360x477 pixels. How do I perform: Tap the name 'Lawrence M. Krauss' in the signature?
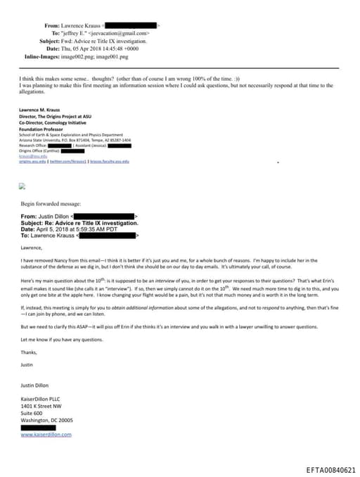click(x=39, y=110)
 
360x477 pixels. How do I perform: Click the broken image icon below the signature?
click(x=22, y=186)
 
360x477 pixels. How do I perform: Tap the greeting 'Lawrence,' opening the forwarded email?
click(x=32, y=247)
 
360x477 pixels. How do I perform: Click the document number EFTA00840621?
click(x=330, y=470)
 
